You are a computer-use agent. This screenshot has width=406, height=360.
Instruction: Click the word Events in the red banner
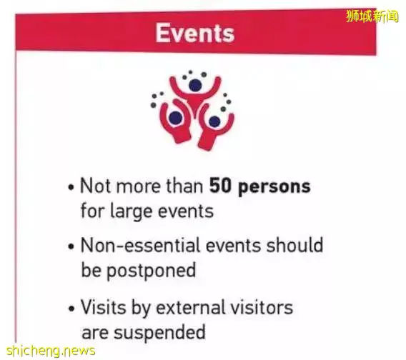[x=195, y=33]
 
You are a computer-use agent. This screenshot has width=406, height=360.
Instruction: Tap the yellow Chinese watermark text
[x=372, y=16]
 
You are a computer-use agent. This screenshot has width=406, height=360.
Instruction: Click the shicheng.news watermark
[x=51, y=351]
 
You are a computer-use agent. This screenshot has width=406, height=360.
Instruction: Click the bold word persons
[x=274, y=188]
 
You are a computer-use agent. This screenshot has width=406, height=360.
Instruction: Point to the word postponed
[x=152, y=271]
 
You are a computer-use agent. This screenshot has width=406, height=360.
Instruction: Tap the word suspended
[x=159, y=333]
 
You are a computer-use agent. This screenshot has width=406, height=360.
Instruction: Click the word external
[x=191, y=307]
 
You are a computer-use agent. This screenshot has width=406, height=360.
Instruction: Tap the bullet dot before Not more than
[x=71, y=187]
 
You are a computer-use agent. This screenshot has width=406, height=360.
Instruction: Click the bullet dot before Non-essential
[x=71, y=246]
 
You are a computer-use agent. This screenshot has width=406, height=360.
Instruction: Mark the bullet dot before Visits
[x=71, y=309]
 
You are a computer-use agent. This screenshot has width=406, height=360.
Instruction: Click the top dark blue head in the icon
[x=195, y=86]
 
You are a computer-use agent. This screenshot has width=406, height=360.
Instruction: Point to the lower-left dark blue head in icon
[x=176, y=118]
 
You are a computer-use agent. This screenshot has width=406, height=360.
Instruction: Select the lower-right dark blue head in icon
[x=214, y=121]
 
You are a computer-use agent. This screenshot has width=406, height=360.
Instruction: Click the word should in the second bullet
[x=295, y=245]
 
